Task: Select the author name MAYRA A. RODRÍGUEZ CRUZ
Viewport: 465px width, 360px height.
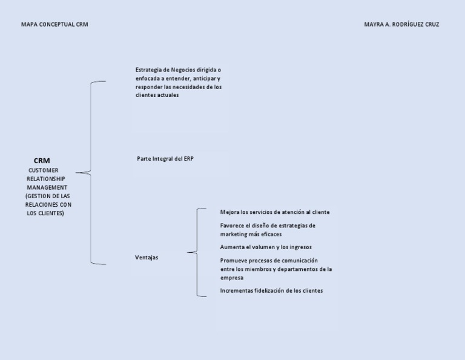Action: (401, 25)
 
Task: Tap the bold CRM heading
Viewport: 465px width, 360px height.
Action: (42, 161)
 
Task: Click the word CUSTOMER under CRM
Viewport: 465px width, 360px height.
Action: (44, 170)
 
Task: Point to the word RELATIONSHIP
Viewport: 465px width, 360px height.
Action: (45, 179)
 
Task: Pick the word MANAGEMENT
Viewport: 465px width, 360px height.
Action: (47, 187)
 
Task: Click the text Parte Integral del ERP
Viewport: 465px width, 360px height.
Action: (165, 158)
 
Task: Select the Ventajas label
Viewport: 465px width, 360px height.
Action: (147, 258)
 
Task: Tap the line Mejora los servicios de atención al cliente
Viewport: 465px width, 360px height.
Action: (275, 212)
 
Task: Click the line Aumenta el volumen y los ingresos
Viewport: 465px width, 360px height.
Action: (266, 247)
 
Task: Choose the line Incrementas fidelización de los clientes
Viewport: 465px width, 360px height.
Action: (271, 291)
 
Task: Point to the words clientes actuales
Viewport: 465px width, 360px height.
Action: (157, 95)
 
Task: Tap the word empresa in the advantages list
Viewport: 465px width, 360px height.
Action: (232, 278)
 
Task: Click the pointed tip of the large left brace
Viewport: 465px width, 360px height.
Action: (77, 173)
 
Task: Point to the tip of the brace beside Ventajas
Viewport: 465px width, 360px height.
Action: (188, 252)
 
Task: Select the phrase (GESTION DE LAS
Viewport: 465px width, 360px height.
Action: (48, 196)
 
